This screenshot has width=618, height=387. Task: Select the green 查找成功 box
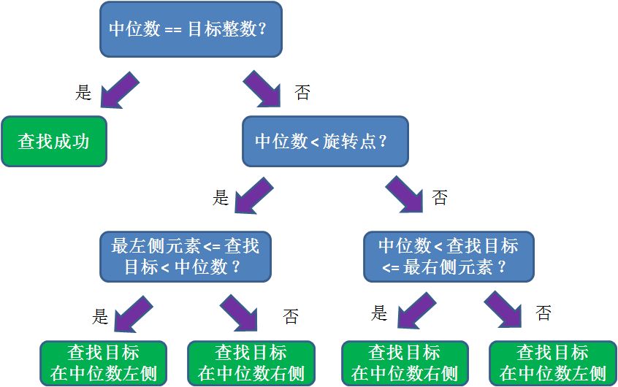point(54,141)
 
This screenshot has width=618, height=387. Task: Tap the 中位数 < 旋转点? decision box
point(325,141)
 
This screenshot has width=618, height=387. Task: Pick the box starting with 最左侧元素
point(186,257)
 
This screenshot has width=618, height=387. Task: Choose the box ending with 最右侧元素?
point(449,257)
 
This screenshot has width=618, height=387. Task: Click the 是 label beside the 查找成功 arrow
point(84,93)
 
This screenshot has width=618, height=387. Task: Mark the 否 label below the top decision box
point(302,93)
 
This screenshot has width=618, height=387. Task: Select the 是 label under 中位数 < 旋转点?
point(221,198)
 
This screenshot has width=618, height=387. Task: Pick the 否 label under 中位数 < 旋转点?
point(439,198)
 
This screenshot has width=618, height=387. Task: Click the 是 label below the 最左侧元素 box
point(100,316)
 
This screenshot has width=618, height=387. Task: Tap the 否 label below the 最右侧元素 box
point(543,314)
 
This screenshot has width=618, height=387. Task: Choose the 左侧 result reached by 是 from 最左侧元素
point(103,363)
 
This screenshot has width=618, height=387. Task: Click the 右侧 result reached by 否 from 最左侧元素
point(251,363)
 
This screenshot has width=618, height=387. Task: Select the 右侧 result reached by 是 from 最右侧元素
point(405,363)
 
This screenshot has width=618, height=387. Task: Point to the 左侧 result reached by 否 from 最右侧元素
point(552,363)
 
